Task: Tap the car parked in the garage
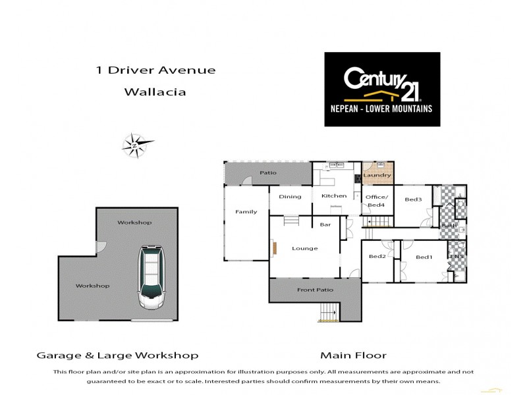coord(152,278)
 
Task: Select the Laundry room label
coord(377,175)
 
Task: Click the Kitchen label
coord(333,196)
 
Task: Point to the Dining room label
coord(290,196)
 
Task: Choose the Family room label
coord(246,211)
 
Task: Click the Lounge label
coord(304,248)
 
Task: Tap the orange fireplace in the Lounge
coord(273,248)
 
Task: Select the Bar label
coord(325,224)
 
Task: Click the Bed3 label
coord(413,199)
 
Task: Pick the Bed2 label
coord(377,256)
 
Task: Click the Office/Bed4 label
coord(377,201)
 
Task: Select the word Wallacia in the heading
coord(155,92)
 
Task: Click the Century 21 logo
coord(382,89)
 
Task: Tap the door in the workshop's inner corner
coord(100,247)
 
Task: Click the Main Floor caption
coord(353,355)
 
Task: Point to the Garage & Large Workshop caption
coord(117,355)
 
